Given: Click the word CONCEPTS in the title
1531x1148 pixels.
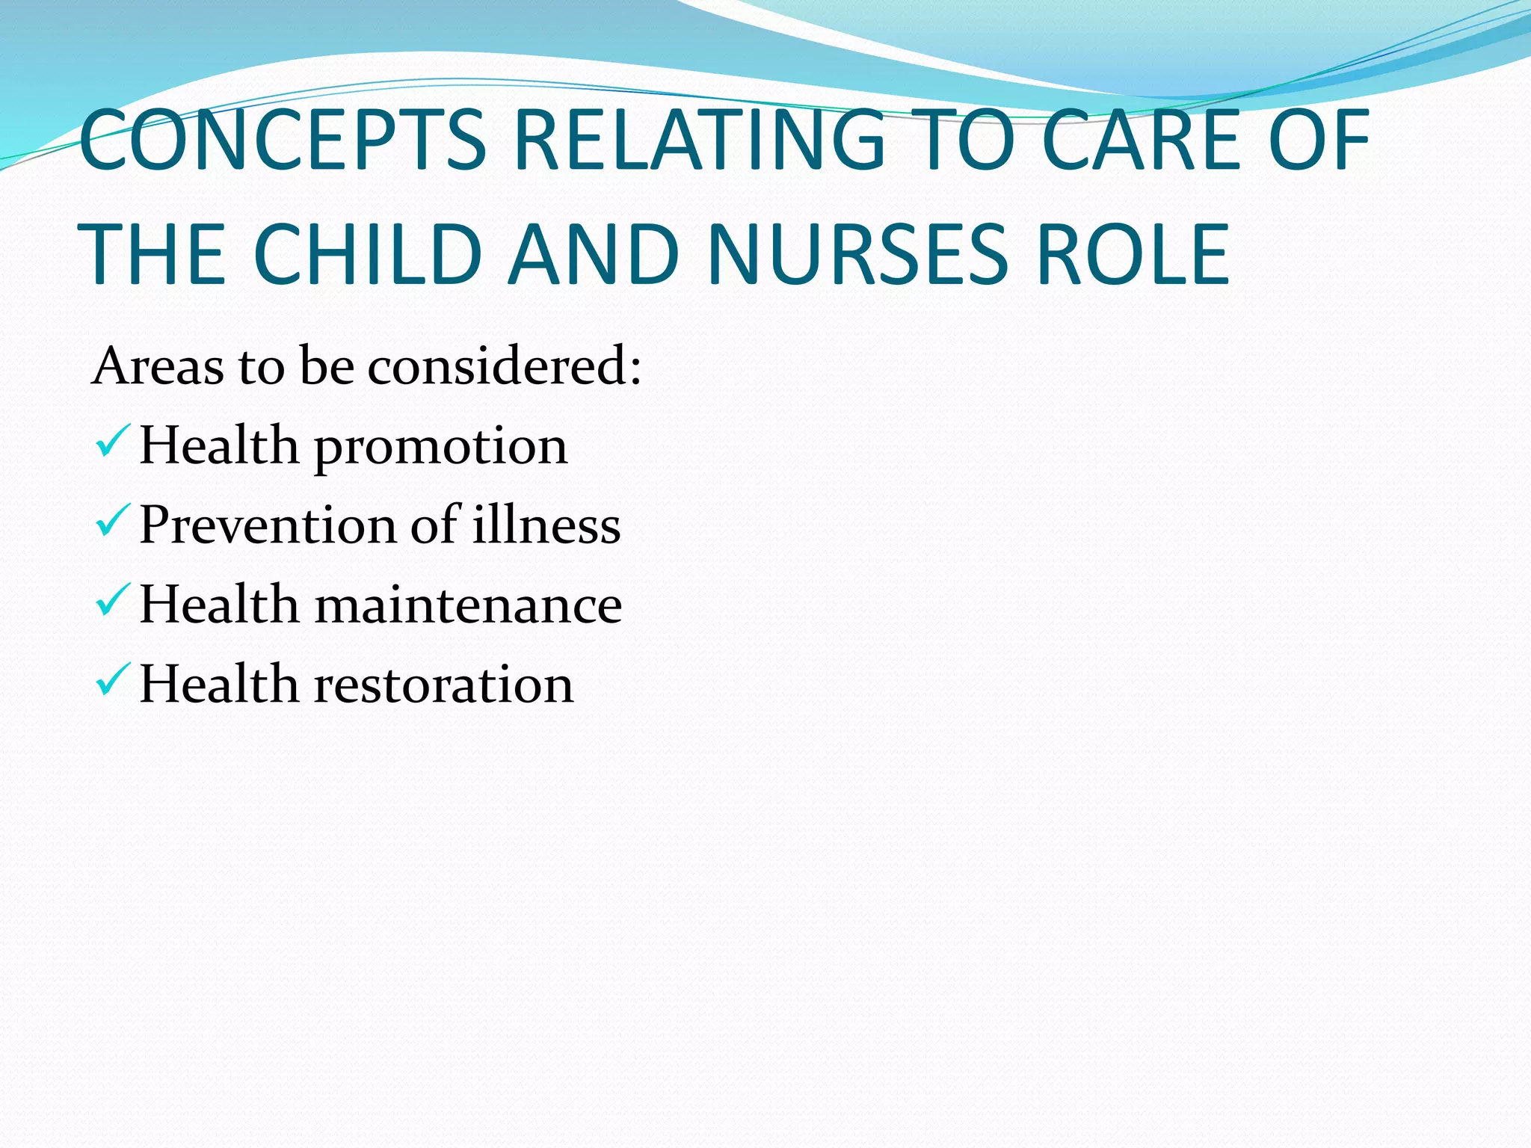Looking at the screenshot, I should (283, 141).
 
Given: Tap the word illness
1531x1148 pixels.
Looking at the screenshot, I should (546, 525).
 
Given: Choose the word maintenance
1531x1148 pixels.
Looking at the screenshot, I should (468, 605).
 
